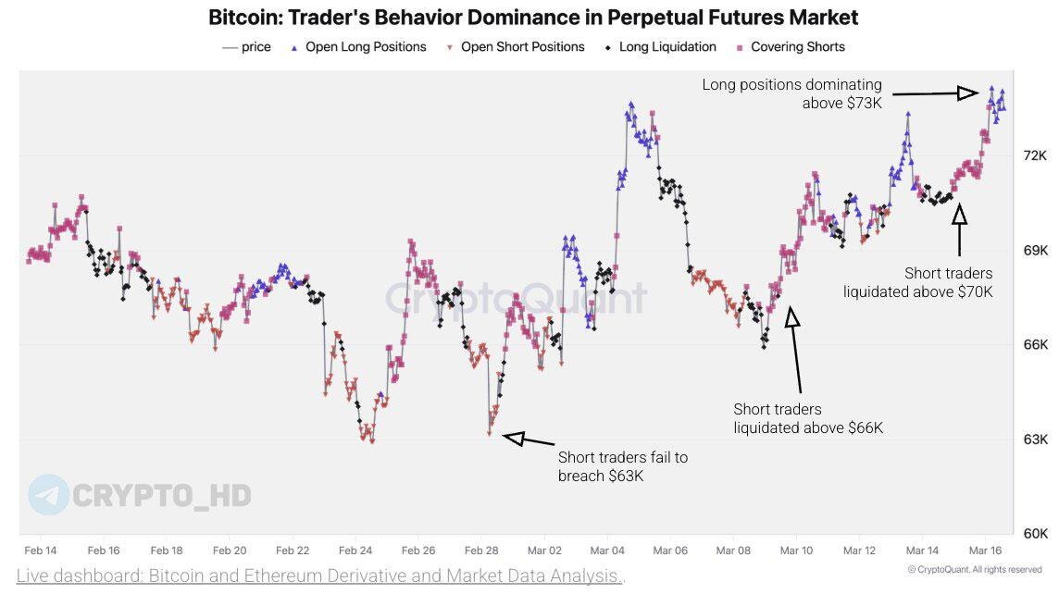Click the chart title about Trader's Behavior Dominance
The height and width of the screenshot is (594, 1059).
point(533,18)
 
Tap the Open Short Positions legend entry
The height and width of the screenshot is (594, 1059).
point(522,47)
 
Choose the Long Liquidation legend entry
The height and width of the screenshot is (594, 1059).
point(667,47)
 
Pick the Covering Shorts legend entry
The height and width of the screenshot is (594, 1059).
point(797,47)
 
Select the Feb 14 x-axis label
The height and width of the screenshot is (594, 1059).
point(40,551)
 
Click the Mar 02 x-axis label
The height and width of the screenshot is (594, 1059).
point(543,551)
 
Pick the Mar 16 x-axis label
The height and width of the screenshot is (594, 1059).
point(984,551)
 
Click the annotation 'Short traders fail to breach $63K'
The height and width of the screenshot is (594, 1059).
point(622,466)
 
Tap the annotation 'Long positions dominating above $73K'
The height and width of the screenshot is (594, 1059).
point(791,93)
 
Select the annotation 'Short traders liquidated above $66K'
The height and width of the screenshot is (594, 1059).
point(808,418)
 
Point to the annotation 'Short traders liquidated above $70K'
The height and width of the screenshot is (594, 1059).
point(917,282)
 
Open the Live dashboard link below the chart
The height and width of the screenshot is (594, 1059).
point(320,576)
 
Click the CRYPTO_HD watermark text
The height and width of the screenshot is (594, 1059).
point(161,495)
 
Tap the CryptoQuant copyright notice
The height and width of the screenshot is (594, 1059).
point(974,570)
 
